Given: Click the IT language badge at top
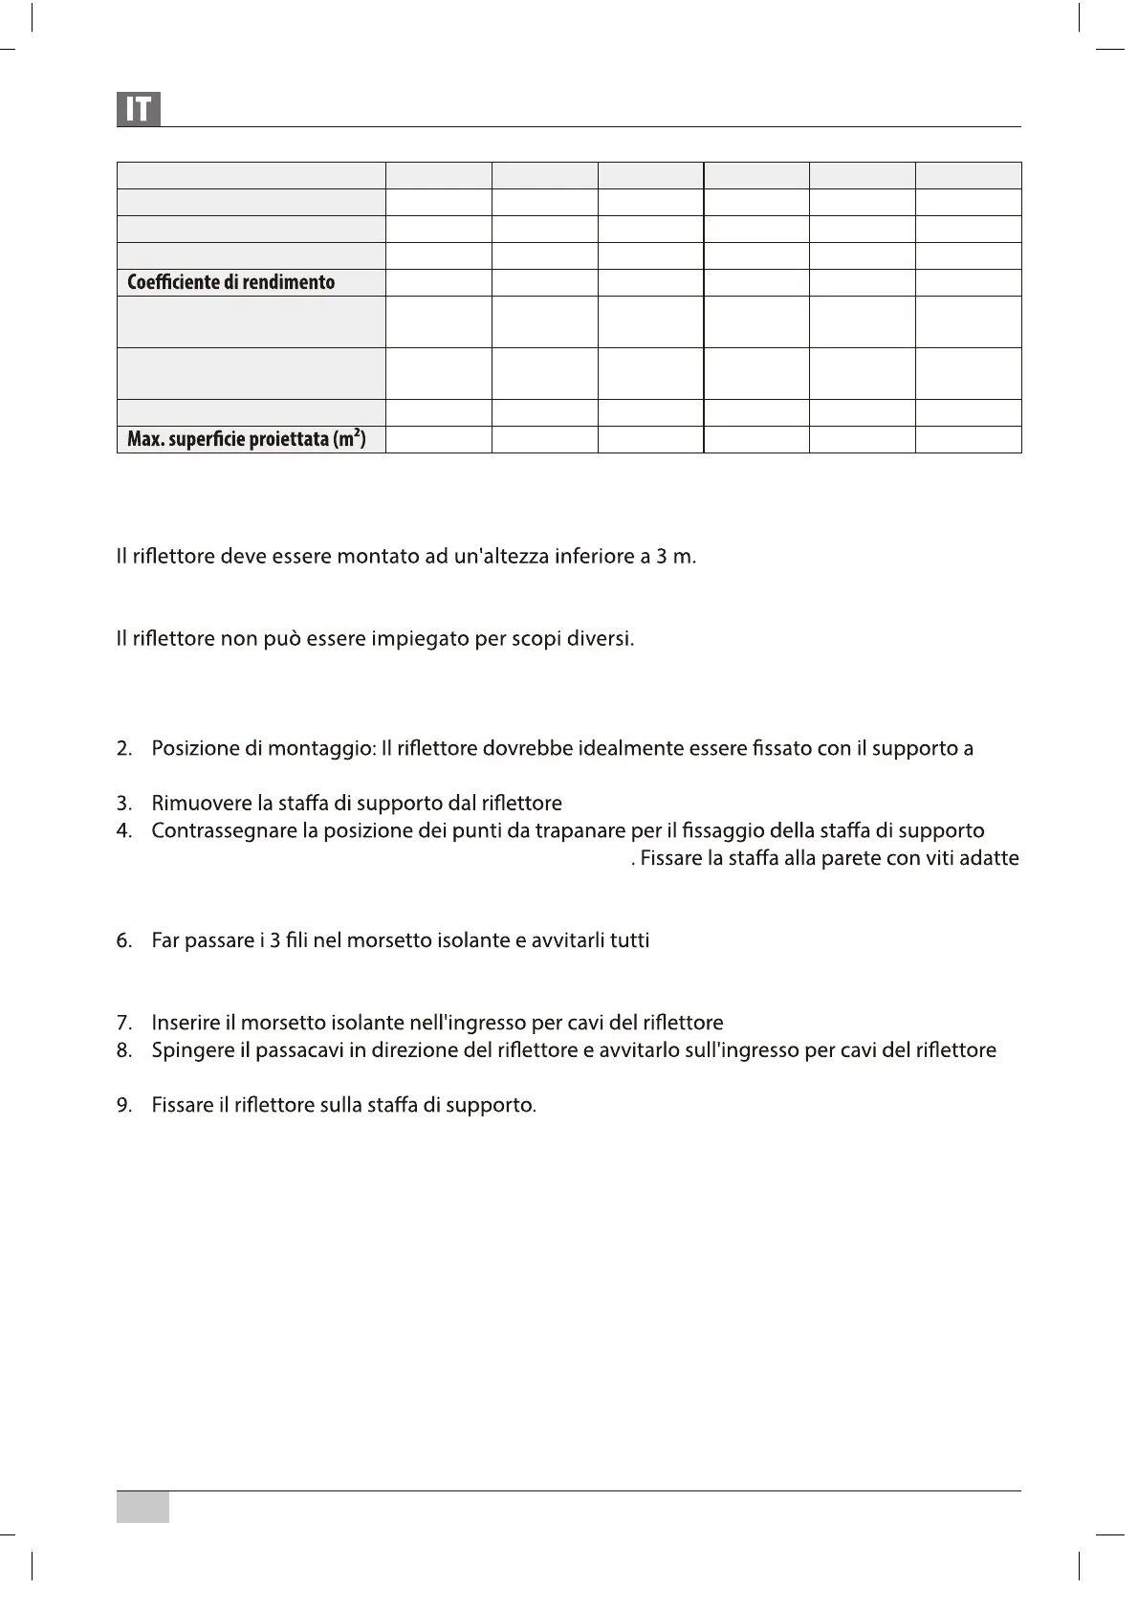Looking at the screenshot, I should click(x=139, y=109).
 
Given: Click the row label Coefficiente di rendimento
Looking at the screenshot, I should click(x=230, y=282).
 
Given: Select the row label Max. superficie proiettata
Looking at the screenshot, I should click(x=246, y=439).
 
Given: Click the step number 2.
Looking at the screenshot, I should click(x=123, y=748).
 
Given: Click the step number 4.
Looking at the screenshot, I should click(x=123, y=830).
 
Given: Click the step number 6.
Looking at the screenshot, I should click(x=123, y=940).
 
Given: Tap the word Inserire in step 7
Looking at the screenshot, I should click(x=186, y=1023).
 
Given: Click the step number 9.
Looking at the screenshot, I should click(x=123, y=1105).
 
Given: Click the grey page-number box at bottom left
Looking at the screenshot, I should click(x=142, y=1507).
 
